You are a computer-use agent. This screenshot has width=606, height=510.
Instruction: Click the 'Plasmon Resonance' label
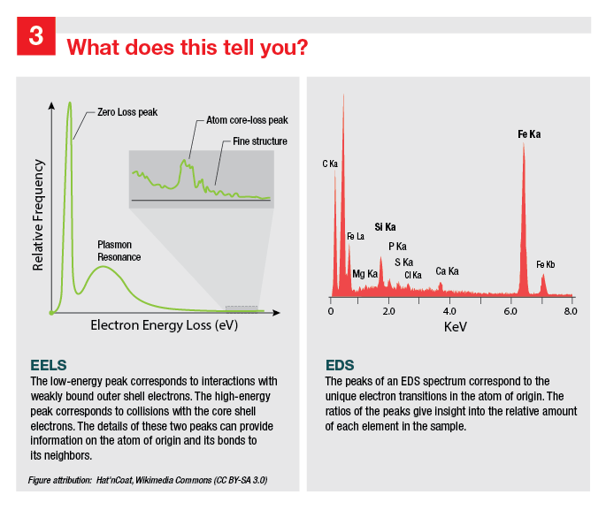pyautogui.click(x=119, y=249)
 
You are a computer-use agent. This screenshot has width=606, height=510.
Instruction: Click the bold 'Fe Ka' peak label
pyautogui.click(x=529, y=134)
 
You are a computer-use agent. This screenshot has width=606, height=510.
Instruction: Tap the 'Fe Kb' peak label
pyautogui.click(x=546, y=264)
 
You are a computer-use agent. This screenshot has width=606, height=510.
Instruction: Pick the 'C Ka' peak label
pyautogui.click(x=330, y=164)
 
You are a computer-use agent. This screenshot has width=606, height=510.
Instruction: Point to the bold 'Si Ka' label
pyautogui.click(x=385, y=227)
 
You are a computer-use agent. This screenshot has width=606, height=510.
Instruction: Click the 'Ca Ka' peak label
pyautogui.click(x=447, y=271)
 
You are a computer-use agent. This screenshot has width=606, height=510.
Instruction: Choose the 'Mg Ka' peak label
pyautogui.click(x=364, y=274)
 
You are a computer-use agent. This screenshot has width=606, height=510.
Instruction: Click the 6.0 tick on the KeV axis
pyautogui.click(x=511, y=311)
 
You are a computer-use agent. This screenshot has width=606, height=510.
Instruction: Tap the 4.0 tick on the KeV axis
pyautogui.click(x=450, y=311)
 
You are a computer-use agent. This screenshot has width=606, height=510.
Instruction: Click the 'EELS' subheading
pyautogui.click(x=49, y=364)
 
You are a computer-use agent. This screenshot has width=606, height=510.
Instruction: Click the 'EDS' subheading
pyautogui.click(x=340, y=364)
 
